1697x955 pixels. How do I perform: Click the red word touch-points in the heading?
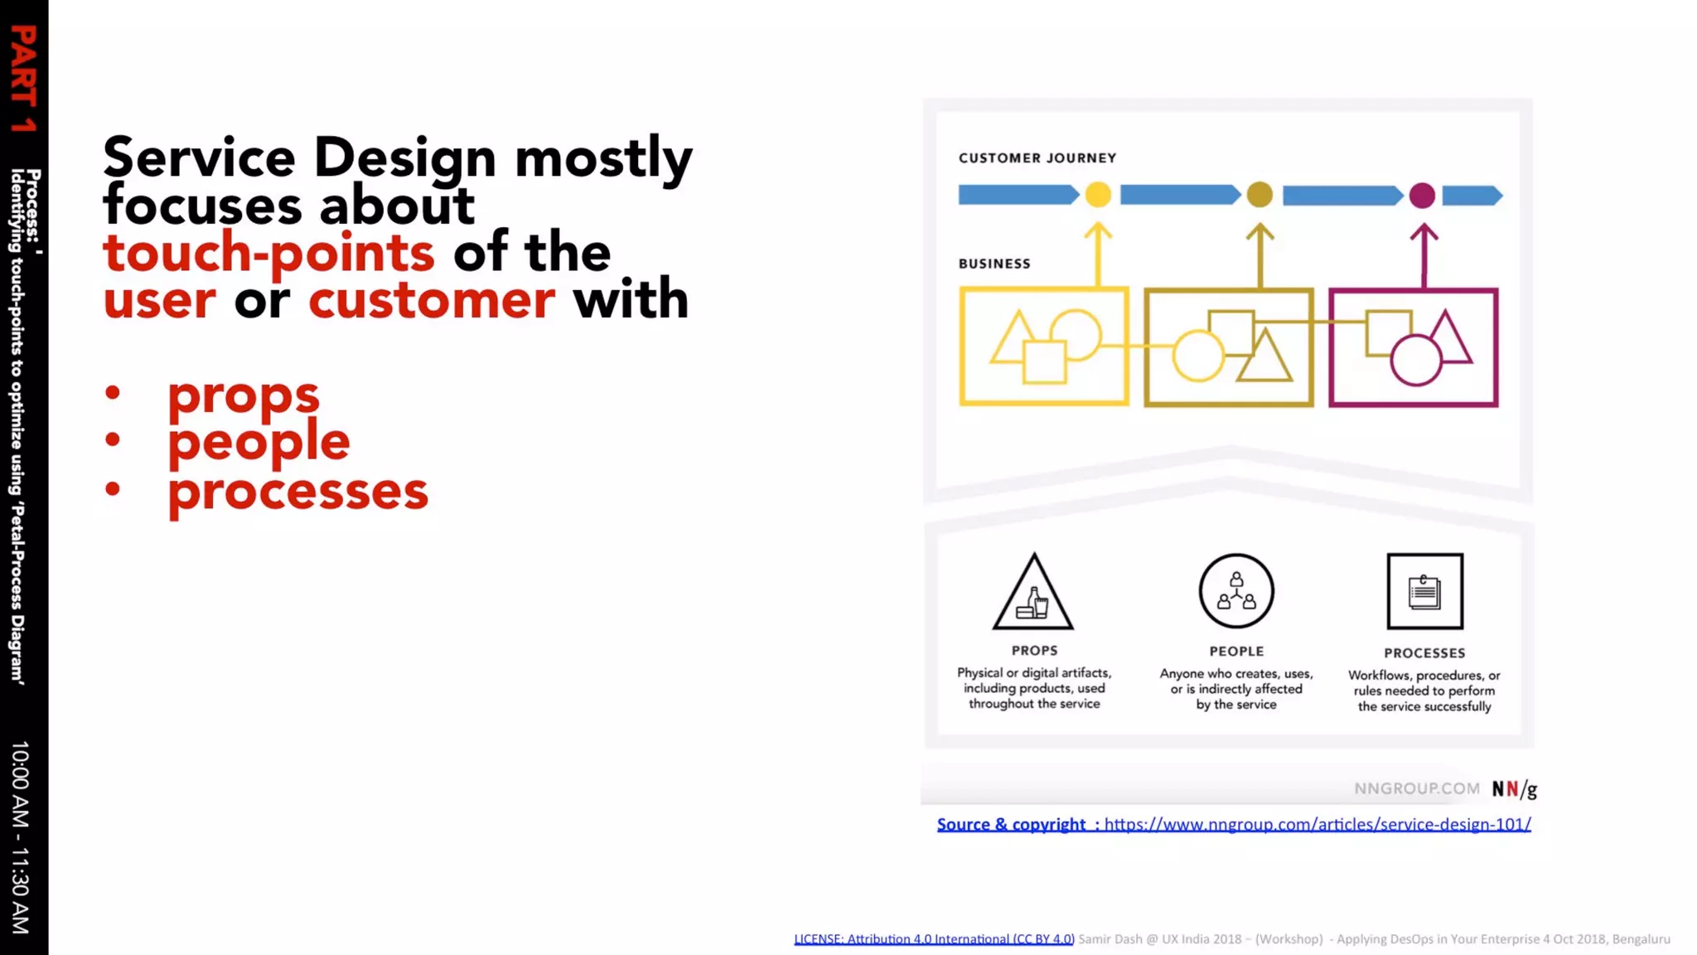[x=268, y=253]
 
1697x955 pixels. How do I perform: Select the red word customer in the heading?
[x=431, y=300]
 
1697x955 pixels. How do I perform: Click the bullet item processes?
[x=297, y=491]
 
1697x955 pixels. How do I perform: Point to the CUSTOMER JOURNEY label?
[x=1037, y=158]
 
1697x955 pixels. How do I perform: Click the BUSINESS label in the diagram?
[x=994, y=264]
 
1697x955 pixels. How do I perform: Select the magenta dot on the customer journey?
[x=1422, y=196]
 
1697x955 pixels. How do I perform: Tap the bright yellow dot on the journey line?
[x=1098, y=195]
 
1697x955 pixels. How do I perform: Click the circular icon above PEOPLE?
[x=1235, y=591]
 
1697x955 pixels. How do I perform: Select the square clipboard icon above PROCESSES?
[x=1424, y=591]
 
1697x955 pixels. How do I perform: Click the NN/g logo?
[x=1514, y=789]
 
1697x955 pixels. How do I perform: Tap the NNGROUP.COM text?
[x=1416, y=788]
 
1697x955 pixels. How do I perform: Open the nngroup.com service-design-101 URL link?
[x=1317, y=824]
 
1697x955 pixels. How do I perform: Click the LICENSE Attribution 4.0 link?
[x=934, y=938]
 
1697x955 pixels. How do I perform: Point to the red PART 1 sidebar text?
[x=23, y=79]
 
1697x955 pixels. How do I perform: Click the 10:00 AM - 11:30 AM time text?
[x=21, y=837]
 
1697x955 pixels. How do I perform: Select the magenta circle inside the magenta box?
[x=1414, y=361]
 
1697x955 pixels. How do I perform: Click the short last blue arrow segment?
[x=1472, y=196]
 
